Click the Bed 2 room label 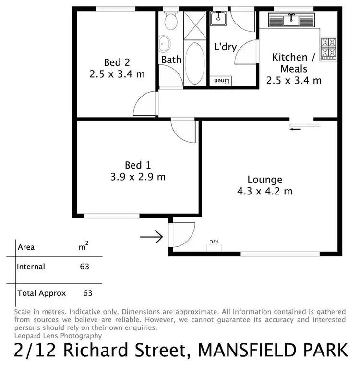point(117,62)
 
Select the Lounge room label point(264,180)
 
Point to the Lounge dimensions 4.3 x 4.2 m point(264,191)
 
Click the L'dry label point(225,48)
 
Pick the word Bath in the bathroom point(171,60)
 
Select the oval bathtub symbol point(194,63)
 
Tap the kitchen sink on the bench point(291,20)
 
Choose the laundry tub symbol point(219,18)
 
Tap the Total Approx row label point(41,293)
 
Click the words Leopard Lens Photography point(59,336)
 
